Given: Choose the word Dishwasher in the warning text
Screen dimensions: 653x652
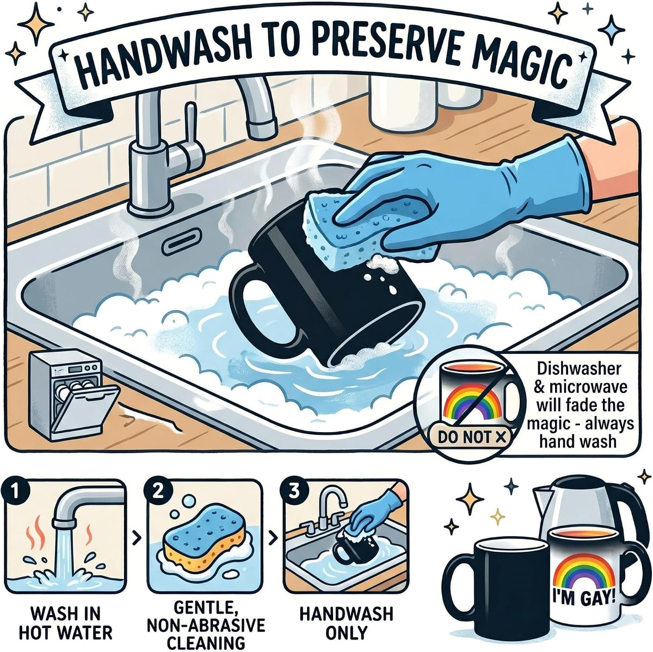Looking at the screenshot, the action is point(580,368).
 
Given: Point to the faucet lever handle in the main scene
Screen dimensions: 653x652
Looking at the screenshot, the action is point(190,136).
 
